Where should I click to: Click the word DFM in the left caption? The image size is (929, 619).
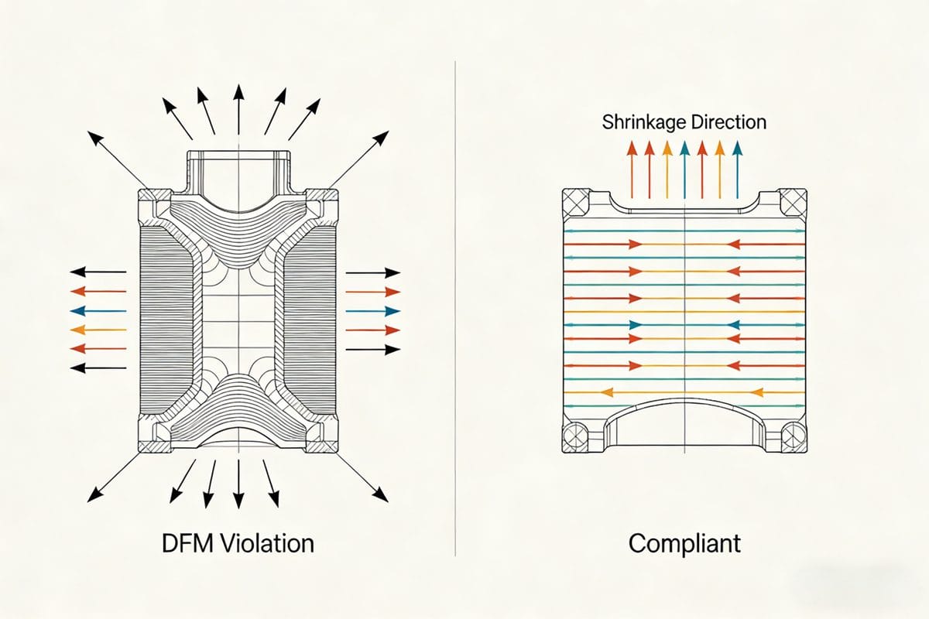(181, 543)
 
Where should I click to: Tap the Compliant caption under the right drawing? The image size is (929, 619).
(684, 543)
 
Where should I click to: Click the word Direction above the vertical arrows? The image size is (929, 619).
(728, 122)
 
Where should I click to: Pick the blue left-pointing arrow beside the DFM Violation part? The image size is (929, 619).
(98, 311)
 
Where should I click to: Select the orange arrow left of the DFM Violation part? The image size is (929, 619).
(98, 330)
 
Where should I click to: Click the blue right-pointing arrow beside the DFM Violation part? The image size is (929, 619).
(372, 311)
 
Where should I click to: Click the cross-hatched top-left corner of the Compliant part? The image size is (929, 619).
(575, 203)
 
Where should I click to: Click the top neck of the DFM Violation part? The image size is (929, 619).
(239, 170)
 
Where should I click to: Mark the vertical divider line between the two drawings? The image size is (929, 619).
(455, 309)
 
